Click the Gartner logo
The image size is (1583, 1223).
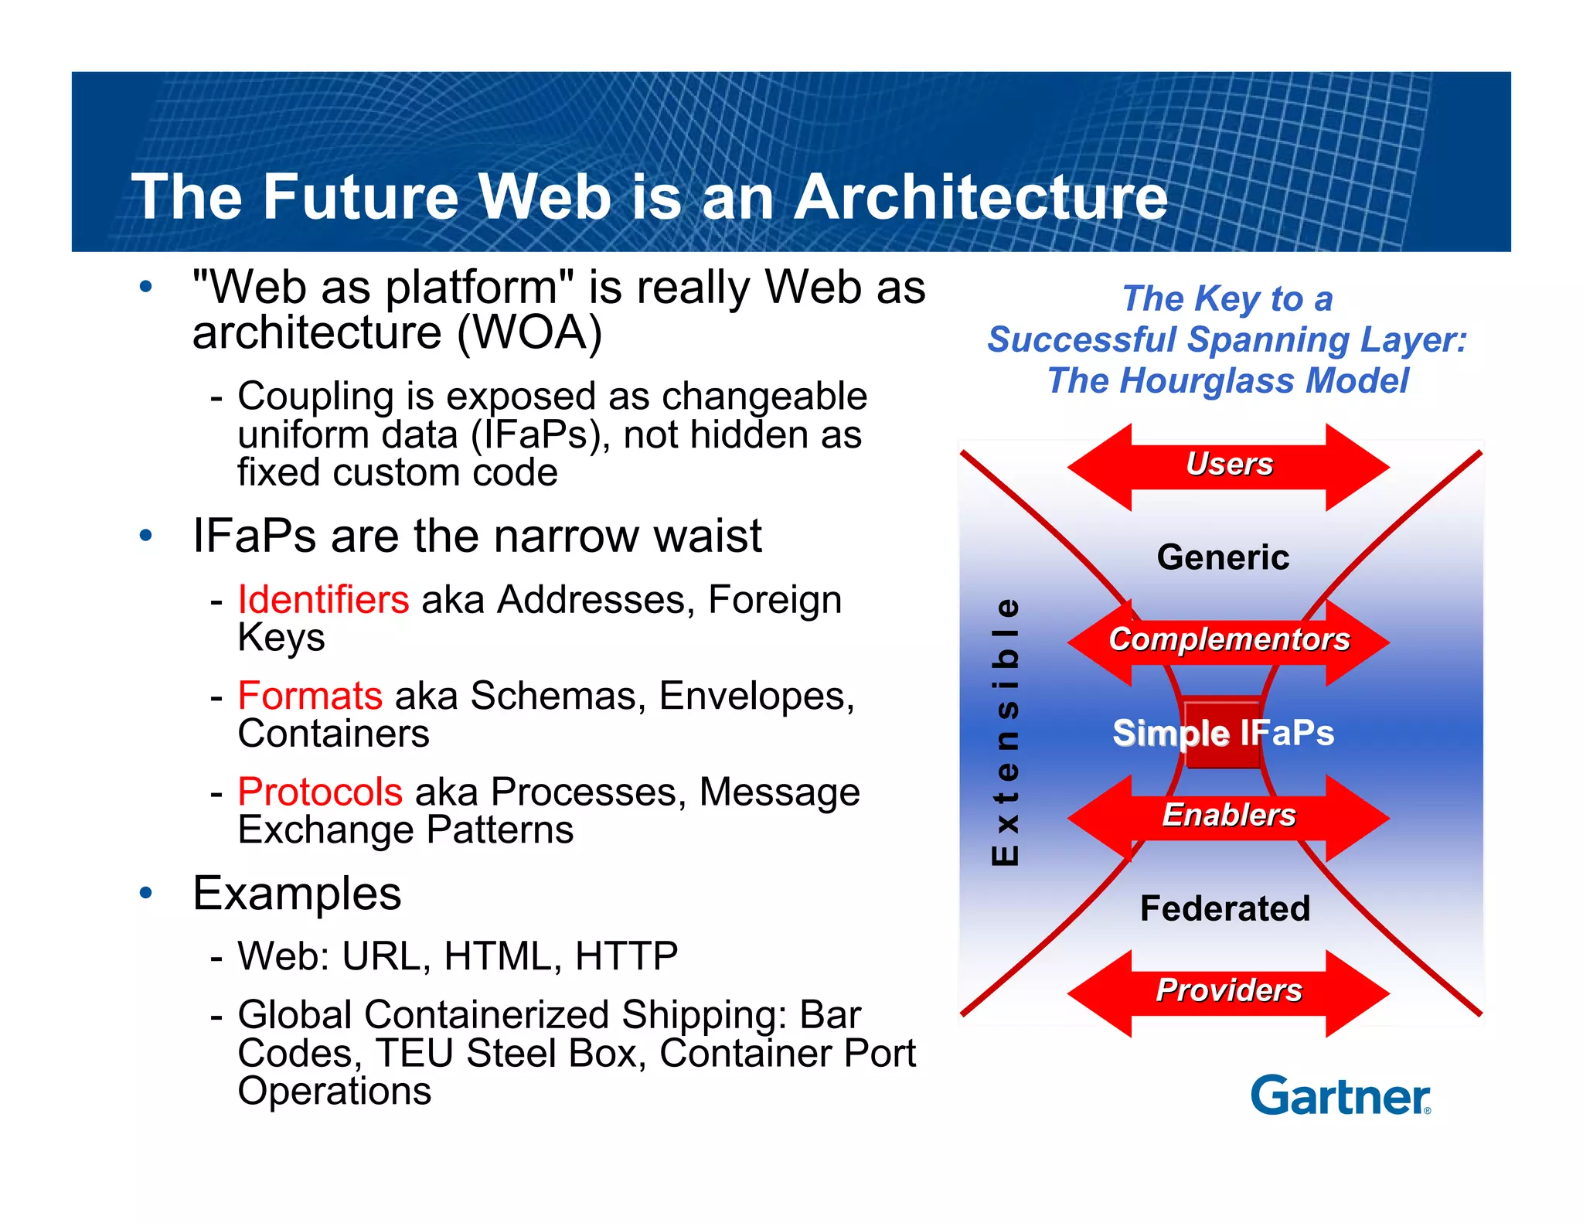pyautogui.click(x=1340, y=1095)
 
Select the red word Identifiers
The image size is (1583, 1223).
pyautogui.click(x=323, y=600)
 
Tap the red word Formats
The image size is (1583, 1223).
pyautogui.click(x=310, y=696)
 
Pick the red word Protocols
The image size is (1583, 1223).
pyautogui.click(x=320, y=792)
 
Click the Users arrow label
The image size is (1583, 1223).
pyautogui.click(x=1229, y=465)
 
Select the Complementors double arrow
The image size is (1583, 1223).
pyautogui.click(x=1229, y=640)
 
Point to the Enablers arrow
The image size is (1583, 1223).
pyautogui.click(x=1229, y=816)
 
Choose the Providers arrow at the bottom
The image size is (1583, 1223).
pyautogui.click(x=1229, y=991)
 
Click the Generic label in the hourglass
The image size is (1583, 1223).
pyautogui.click(x=1223, y=557)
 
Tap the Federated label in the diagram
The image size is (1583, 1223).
pyautogui.click(x=1225, y=908)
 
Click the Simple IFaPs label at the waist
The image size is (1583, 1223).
pyautogui.click(x=1223, y=733)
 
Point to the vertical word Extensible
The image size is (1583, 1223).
pyautogui.click(x=1005, y=731)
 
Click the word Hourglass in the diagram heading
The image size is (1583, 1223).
pyautogui.click(x=1207, y=381)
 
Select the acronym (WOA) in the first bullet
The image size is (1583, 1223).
pyautogui.click(x=529, y=333)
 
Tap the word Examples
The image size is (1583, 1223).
pyautogui.click(x=297, y=894)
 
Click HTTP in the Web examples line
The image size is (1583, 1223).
pyautogui.click(x=626, y=956)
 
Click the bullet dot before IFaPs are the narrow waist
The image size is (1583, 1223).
pyautogui.click(x=146, y=536)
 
